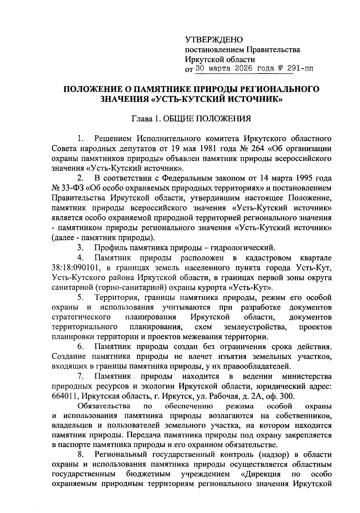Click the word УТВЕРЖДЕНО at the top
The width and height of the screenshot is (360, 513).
pos(214,40)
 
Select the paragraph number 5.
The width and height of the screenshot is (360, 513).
pos(80,298)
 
